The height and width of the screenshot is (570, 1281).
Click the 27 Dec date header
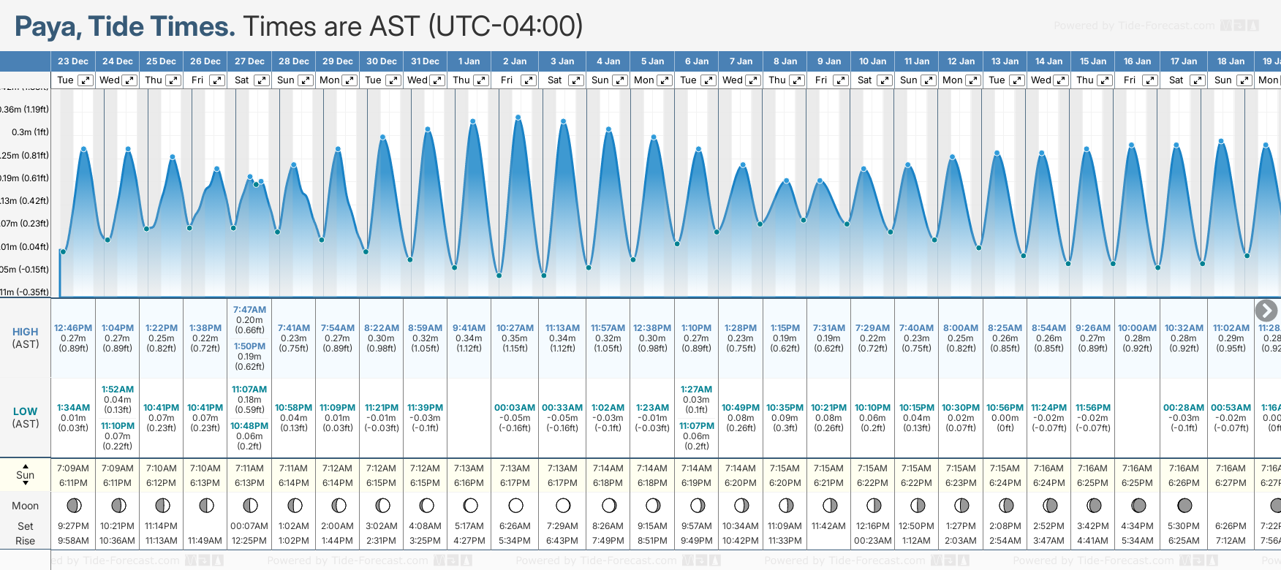pos(249,61)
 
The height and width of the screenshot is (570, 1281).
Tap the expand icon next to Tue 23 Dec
pos(86,80)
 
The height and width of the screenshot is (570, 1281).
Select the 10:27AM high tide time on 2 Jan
pos(515,328)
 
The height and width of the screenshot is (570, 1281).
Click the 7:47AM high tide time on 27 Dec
pos(249,310)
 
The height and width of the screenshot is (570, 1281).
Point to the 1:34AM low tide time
pos(73,408)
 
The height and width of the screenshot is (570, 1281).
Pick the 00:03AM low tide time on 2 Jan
pos(515,408)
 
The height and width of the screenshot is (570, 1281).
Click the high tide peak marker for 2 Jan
pos(518,118)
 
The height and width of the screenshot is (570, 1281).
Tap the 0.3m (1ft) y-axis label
pos(30,132)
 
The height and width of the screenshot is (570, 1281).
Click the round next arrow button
pos(1266,311)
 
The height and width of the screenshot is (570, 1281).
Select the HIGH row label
pos(26,332)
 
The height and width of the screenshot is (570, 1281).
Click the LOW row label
pos(26,411)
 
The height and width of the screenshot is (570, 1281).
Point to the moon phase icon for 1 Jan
pos(471,505)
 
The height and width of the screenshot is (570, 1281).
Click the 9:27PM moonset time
pos(73,526)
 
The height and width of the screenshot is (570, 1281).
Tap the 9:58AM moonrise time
pos(73,541)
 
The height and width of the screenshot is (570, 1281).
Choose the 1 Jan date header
pos(469,61)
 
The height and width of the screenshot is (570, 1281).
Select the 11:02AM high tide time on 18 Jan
pos(1231,328)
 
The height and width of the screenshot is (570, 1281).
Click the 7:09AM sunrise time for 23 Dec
pos(73,468)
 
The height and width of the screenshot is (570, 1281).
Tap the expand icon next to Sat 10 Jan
pos(885,80)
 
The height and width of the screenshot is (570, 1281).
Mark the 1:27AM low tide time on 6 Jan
pos(696,389)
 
